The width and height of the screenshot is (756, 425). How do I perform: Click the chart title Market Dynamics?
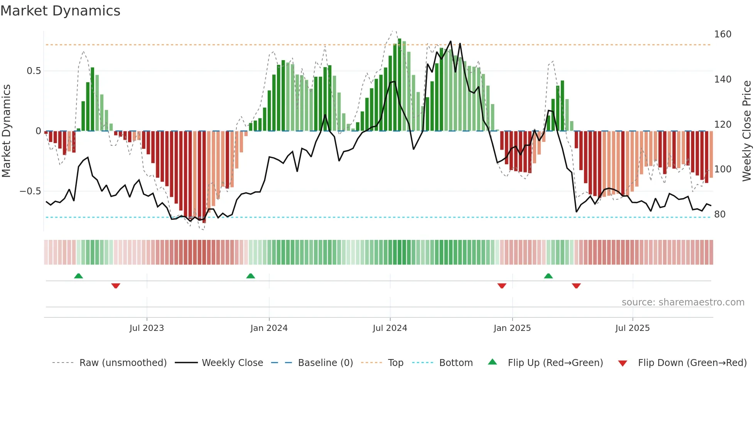[60, 11]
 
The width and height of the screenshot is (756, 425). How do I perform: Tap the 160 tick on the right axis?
[722, 34]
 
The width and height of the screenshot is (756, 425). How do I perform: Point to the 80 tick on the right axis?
[720, 214]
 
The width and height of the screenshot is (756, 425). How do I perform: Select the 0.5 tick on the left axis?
[34, 71]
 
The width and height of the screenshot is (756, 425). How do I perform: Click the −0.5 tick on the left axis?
[30, 191]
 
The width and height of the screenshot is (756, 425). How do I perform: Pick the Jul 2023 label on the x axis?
[147, 328]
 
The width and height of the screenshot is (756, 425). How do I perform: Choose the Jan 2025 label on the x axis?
[512, 328]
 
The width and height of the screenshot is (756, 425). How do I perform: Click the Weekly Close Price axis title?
[747, 131]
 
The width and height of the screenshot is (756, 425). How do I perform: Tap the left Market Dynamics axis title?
[7, 131]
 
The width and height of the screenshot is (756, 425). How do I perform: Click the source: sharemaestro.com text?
[683, 302]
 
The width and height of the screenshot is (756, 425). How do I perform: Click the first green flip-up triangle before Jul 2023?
[78, 276]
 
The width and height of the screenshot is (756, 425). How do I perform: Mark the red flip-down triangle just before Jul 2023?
[116, 286]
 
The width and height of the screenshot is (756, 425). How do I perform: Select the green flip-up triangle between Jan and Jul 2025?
[548, 276]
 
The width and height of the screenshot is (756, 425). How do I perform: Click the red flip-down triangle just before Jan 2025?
[501, 286]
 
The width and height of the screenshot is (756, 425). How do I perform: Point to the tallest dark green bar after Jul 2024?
[400, 85]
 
